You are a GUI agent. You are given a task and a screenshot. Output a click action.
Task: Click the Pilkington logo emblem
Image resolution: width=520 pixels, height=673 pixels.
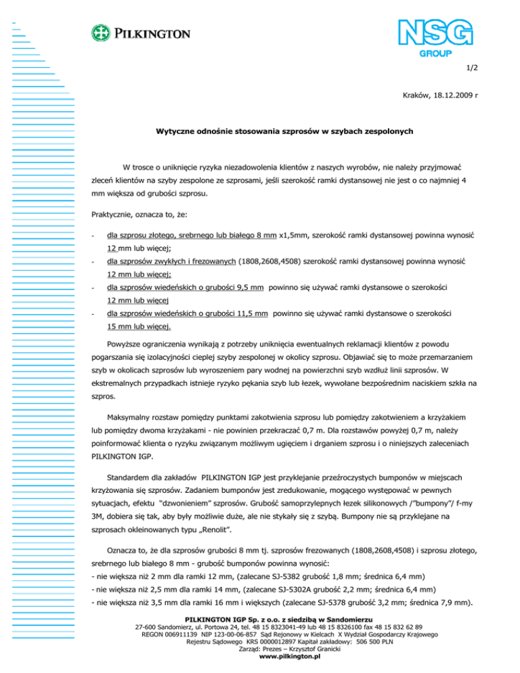(x=102, y=33)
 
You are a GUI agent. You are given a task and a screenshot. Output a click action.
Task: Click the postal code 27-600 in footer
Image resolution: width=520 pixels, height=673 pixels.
(x=148, y=627)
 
